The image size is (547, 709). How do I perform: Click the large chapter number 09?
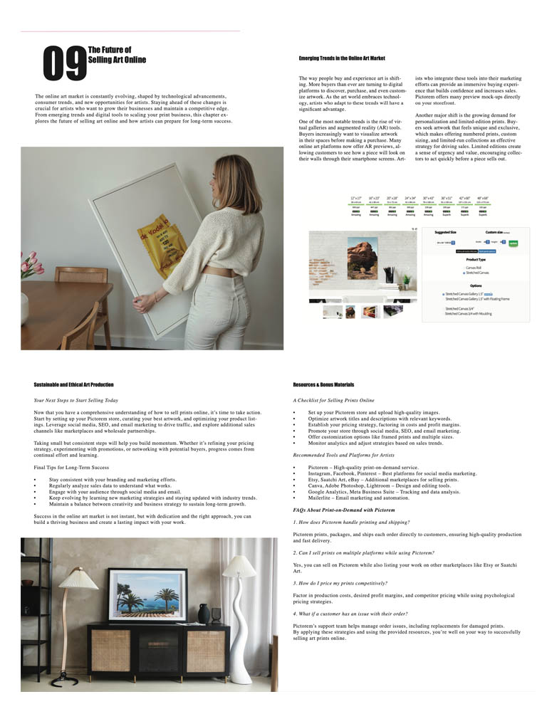pos(65,63)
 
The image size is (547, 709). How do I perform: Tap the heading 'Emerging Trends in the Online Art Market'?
pos(342,57)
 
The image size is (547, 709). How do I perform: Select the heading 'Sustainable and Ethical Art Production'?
pos(73,384)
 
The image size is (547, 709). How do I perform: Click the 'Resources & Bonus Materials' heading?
pos(323,384)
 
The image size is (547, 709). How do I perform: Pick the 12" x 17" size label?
pos(356,199)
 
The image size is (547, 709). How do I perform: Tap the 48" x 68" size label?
pos(483,199)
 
